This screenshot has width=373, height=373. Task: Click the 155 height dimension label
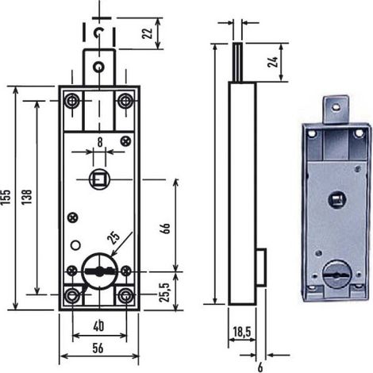6,197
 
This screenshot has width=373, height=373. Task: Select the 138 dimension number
27,197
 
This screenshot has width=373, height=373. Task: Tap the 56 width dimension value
98,348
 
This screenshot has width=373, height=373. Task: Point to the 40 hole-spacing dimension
98,327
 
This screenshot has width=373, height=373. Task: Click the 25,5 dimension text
165,292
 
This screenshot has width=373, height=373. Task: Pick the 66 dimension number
164,228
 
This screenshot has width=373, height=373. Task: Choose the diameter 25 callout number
113,238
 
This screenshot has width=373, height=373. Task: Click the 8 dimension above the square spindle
100,142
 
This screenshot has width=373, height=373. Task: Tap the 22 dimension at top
148,33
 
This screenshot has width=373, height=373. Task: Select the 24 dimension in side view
273,62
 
